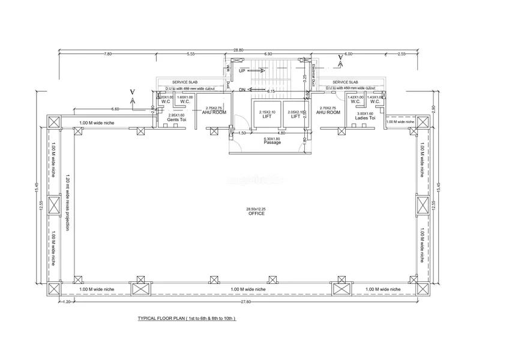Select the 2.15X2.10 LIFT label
coord(267,114)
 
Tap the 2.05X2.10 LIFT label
coord(295,114)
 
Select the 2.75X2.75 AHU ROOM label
coord(214,110)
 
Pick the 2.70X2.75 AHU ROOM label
coord(328,110)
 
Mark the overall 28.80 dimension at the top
coord(238,50)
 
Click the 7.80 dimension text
coord(108,54)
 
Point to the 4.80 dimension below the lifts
coord(281,133)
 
